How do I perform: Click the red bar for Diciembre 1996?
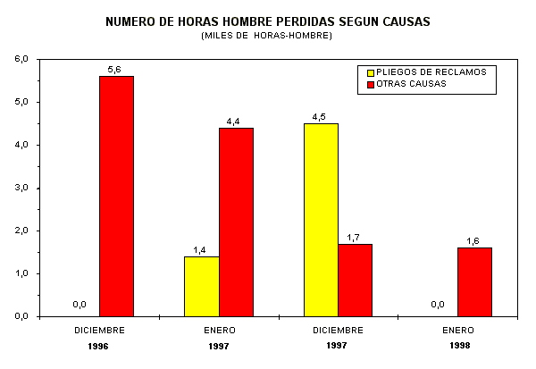click(116, 197)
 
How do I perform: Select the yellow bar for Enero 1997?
click(202, 286)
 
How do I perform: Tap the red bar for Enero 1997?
click(236, 222)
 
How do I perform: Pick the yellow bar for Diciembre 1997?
click(321, 220)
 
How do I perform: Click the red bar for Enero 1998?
click(474, 282)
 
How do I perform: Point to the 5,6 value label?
click(114, 69)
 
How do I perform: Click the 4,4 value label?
click(233, 121)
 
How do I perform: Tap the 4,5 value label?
click(319, 116)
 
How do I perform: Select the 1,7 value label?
click(354, 237)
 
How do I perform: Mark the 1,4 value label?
click(200, 249)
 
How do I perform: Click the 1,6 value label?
click(473, 240)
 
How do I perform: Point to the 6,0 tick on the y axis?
click(21, 59)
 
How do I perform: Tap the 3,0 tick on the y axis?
click(21, 188)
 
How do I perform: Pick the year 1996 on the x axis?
click(100, 344)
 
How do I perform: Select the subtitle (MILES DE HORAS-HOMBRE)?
click(267, 35)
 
